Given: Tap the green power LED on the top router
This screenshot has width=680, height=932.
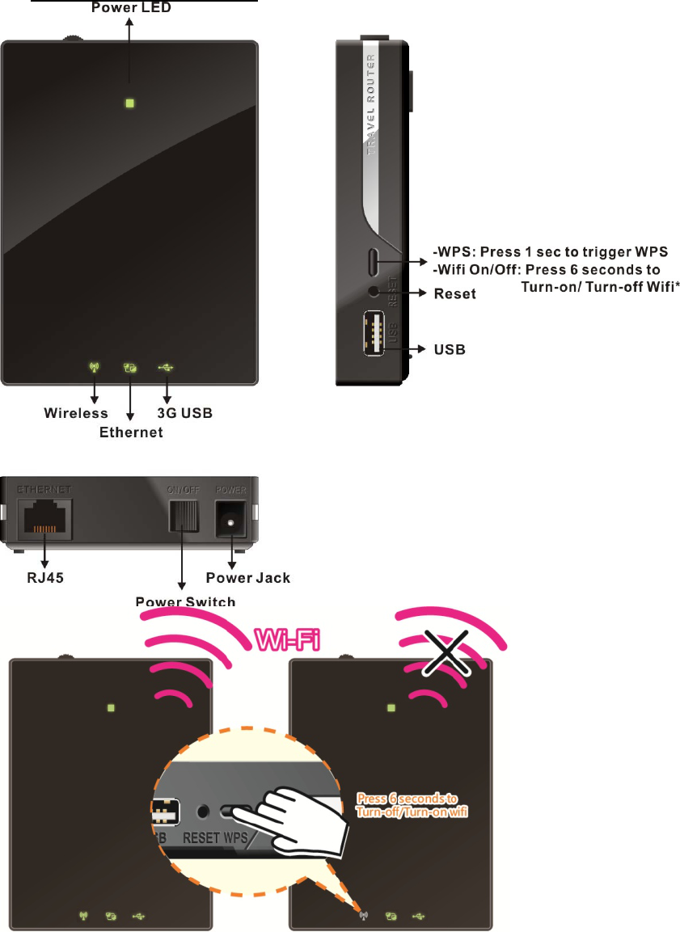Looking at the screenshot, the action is [129, 103].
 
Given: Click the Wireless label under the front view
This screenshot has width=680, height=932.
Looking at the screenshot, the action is [75, 414].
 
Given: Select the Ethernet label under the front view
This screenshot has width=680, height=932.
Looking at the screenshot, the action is [131, 432].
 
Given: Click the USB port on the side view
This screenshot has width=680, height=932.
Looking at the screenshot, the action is [374, 331].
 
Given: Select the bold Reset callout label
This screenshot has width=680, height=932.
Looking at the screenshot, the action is [455, 293].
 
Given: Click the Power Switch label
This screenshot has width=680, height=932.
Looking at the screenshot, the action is [185, 601].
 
